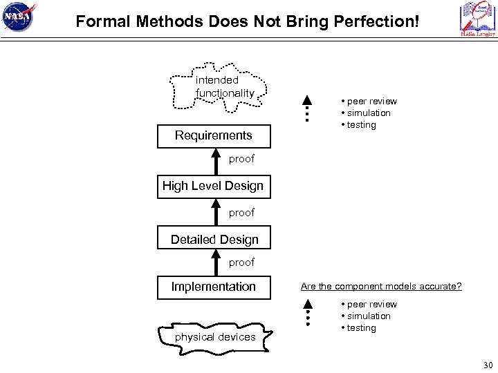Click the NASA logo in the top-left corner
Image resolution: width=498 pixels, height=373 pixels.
(x=20, y=19)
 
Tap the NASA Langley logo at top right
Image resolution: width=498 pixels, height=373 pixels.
(x=477, y=20)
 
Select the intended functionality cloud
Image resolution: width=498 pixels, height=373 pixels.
(x=218, y=87)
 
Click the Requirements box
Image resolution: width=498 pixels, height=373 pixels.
(x=214, y=135)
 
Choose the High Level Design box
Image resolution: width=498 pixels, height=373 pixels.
(x=213, y=186)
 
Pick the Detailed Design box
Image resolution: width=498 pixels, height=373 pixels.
(x=214, y=240)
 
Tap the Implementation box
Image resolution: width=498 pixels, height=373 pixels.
(x=214, y=286)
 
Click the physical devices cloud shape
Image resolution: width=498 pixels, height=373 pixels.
(x=216, y=336)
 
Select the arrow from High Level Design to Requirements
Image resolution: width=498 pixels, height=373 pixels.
(x=214, y=160)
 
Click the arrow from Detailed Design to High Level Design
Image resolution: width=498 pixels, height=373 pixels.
(x=214, y=213)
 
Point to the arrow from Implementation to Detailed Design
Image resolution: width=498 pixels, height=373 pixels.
(x=214, y=262)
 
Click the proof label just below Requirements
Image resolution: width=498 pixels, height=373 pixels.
(x=241, y=159)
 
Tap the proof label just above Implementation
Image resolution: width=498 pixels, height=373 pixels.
(x=241, y=262)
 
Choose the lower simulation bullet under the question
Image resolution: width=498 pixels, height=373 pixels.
(x=369, y=316)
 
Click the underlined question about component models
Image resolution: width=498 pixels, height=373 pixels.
(x=381, y=286)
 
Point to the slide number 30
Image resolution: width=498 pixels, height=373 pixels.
(x=487, y=365)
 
